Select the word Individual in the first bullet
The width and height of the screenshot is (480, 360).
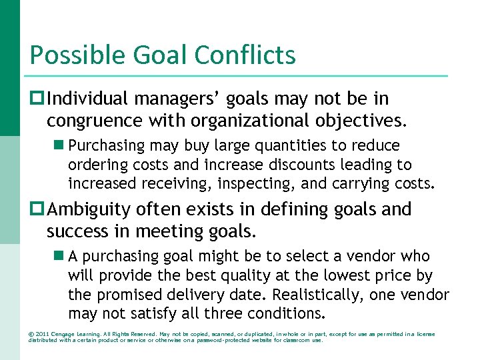pos(89,99)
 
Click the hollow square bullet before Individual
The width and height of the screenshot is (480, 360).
pos(37,99)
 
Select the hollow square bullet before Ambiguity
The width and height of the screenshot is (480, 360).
pos(37,210)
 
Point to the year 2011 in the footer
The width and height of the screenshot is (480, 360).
pos(42,333)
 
